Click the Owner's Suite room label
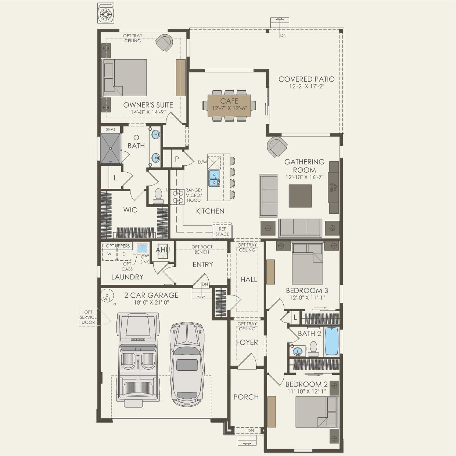pos(148,105)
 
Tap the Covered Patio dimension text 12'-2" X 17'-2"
pos(306,86)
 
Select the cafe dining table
pos(229,105)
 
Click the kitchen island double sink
pos(214,178)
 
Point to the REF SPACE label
pos(222,231)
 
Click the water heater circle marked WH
pos(107,296)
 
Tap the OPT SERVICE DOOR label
pos(88,317)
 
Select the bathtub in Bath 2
pos(331,341)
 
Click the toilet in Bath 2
pos(313,349)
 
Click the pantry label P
pos(177,159)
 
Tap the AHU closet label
pos(163,250)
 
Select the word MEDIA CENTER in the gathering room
pos(333,187)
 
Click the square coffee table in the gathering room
pos(300,196)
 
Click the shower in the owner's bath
pos(111,148)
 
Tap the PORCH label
pos(246,397)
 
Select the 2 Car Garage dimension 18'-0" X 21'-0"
pos(151,302)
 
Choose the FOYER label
pos(247,342)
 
